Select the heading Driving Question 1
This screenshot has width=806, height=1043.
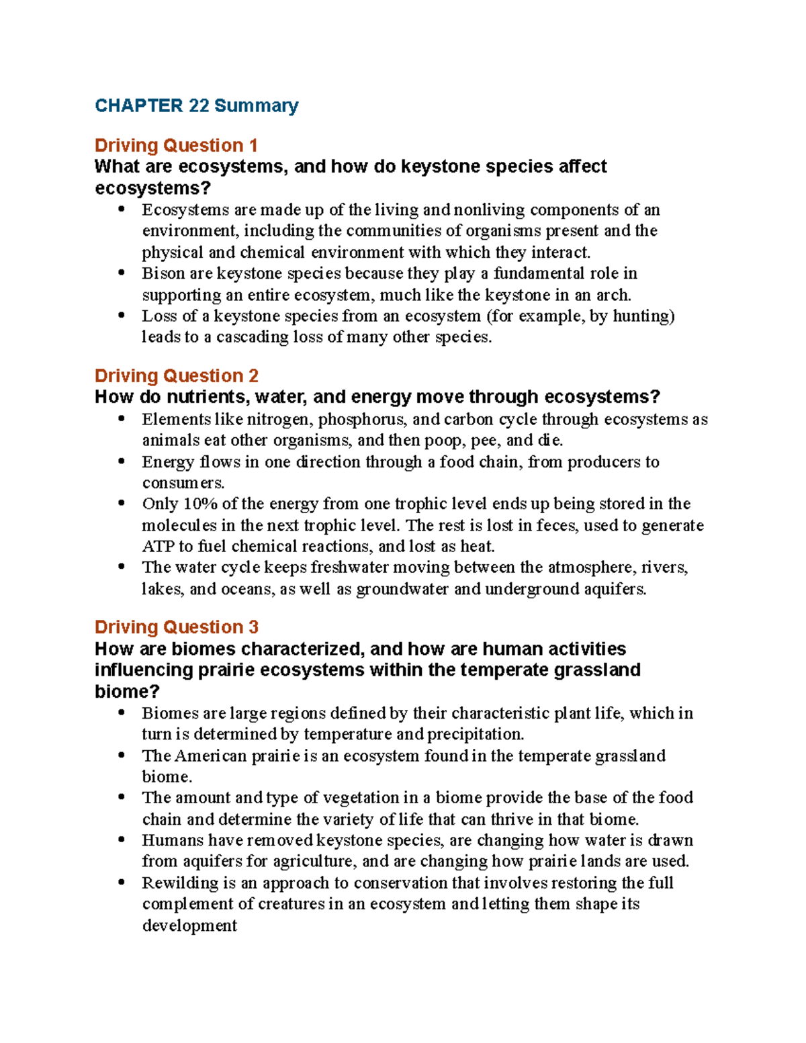point(176,145)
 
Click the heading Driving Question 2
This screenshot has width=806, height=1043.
point(176,375)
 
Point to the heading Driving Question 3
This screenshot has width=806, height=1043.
point(176,627)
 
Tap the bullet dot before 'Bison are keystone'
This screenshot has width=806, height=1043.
point(122,273)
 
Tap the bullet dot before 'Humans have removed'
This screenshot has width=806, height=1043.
point(122,840)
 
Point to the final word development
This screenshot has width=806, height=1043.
point(189,925)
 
